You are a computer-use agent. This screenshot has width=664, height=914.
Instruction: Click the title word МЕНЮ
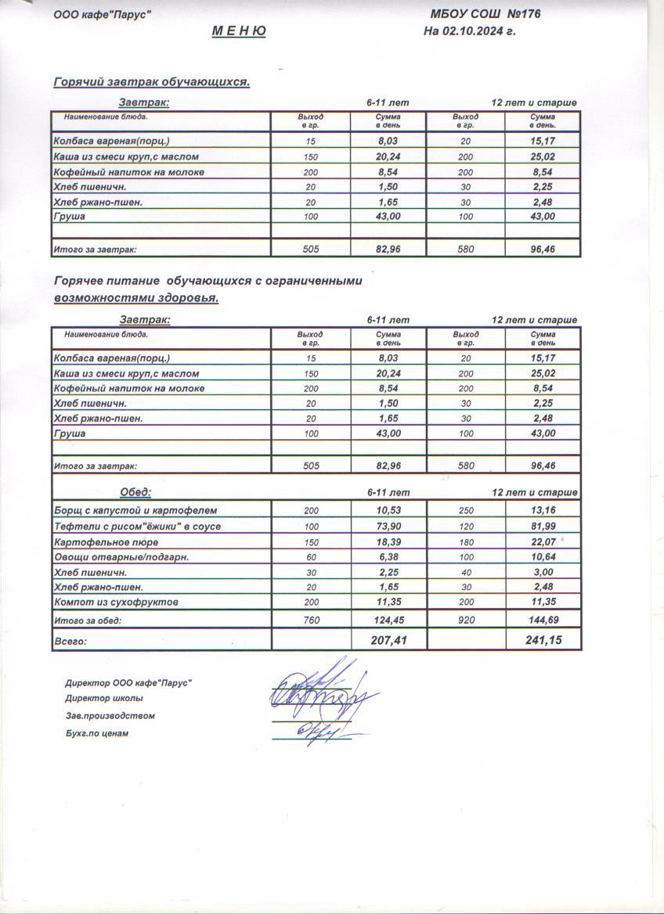click(x=239, y=31)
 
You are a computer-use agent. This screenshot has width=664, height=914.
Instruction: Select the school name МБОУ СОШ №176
click(x=485, y=13)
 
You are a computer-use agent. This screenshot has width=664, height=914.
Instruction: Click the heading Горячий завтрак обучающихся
click(x=151, y=82)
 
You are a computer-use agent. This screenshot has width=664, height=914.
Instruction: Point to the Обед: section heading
click(x=135, y=492)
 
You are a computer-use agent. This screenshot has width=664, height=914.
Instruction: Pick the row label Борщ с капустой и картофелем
click(x=134, y=511)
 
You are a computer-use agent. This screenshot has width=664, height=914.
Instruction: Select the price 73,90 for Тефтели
click(x=388, y=526)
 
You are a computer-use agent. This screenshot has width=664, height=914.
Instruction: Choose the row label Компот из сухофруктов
click(x=116, y=602)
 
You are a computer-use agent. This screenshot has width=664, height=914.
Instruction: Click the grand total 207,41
click(x=388, y=640)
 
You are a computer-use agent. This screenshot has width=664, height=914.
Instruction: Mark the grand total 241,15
click(x=543, y=640)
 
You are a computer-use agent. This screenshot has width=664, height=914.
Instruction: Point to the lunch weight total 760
click(x=311, y=620)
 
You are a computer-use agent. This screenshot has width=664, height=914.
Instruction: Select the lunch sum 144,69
click(x=543, y=620)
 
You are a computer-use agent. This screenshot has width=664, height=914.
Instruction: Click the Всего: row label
click(x=70, y=641)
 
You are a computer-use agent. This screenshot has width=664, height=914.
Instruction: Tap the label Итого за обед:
click(x=87, y=621)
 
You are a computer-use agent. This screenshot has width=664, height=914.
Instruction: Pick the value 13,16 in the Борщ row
click(x=543, y=511)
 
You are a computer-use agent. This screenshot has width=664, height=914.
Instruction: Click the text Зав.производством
click(x=110, y=715)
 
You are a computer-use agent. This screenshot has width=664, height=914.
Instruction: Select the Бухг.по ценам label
click(x=96, y=733)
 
